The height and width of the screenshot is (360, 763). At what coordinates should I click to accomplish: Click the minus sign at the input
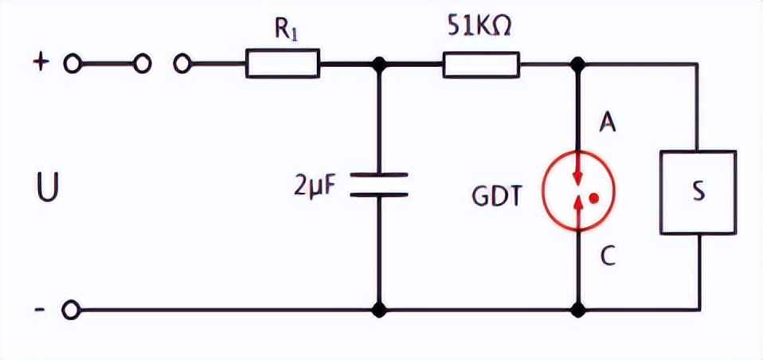[40, 309]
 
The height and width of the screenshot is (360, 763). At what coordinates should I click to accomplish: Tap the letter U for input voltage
[47, 190]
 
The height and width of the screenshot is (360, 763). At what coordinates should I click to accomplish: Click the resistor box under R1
[283, 64]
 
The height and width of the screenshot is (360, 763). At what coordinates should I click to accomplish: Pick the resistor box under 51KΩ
[481, 64]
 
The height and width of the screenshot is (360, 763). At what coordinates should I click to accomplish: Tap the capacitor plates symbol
[379, 185]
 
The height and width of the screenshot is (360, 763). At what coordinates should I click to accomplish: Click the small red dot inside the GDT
[593, 195]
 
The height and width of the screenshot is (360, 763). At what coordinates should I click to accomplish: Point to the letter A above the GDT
[607, 123]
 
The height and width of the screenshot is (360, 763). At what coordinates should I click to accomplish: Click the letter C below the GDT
[607, 256]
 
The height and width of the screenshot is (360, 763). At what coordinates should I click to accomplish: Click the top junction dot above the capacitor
[379, 65]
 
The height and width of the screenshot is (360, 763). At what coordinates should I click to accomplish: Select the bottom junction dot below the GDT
[579, 309]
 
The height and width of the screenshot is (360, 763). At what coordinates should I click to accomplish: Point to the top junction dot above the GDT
[579, 65]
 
